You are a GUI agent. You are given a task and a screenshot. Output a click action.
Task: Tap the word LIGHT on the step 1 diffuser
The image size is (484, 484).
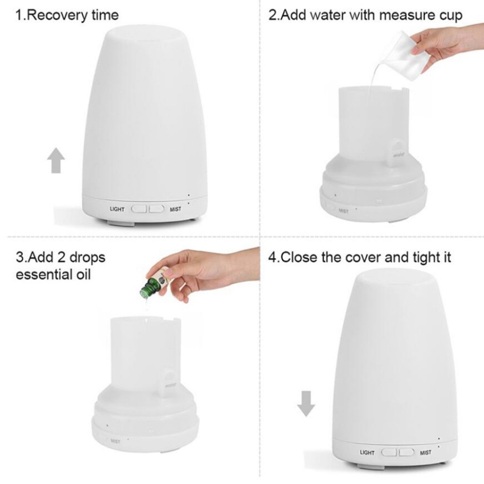[117, 210]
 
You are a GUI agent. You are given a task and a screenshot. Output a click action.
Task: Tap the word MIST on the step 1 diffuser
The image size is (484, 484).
[175, 210]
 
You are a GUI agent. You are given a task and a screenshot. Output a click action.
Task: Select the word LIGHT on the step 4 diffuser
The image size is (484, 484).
[367, 453]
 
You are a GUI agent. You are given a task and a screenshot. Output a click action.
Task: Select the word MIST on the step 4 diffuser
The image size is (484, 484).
[425, 453]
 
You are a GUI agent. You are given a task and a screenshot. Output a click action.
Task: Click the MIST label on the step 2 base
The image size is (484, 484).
[344, 211]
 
